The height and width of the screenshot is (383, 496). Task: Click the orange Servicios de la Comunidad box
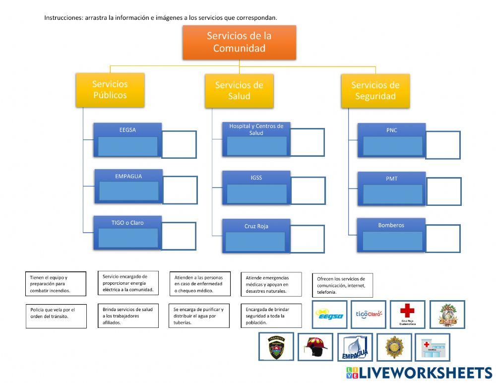click(239, 42)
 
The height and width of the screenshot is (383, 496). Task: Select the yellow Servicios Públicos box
click(110, 90)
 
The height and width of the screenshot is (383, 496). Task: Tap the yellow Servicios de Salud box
click(239, 91)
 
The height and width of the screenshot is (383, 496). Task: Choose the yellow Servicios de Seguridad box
click(375, 91)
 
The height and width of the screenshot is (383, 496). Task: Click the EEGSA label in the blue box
click(127, 130)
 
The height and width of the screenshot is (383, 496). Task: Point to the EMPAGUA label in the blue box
click(128, 176)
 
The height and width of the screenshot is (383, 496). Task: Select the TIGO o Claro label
click(127, 223)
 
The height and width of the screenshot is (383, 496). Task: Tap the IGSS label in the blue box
click(256, 178)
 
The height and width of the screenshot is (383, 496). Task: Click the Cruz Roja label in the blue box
click(256, 226)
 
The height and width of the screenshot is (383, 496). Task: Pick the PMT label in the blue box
click(392, 179)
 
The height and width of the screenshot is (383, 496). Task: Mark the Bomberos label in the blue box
click(391, 225)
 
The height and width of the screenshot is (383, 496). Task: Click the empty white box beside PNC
click(443, 145)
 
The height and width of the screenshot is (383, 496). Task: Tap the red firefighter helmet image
click(315, 347)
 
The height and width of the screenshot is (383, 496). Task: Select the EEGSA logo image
click(330, 315)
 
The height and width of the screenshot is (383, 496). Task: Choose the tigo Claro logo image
click(369, 314)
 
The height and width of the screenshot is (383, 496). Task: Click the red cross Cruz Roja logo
click(407, 314)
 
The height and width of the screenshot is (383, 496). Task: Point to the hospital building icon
click(433, 347)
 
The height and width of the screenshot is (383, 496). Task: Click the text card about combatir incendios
click(55, 284)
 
